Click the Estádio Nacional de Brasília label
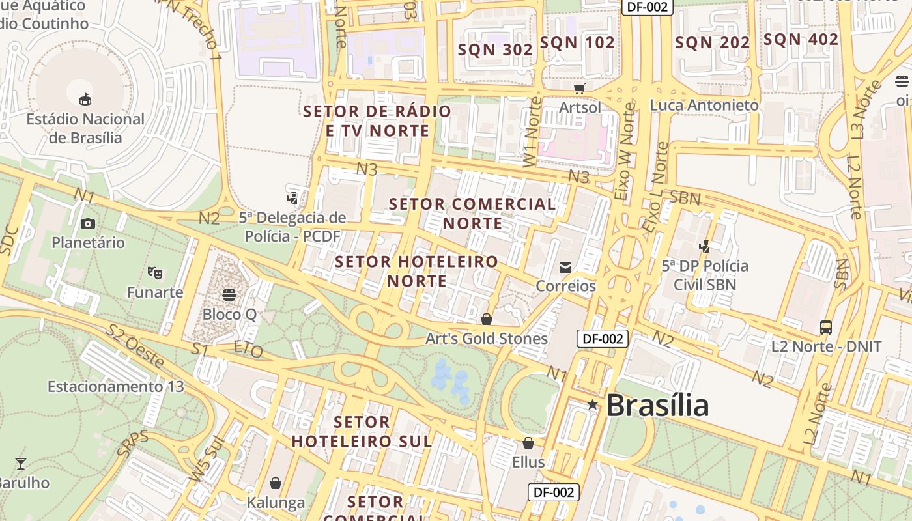point(85,128)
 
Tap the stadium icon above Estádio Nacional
point(85,99)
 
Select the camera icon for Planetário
point(88,223)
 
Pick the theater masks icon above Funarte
point(154,272)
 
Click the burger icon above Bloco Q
point(229,295)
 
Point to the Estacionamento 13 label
point(116,386)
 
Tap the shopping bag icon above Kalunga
point(276,483)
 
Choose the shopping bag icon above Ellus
point(528,443)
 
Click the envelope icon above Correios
point(565,267)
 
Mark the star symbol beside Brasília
point(592,404)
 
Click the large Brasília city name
point(657,405)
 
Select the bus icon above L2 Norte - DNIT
point(826,327)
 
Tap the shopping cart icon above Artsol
point(579,89)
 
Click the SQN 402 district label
point(801,39)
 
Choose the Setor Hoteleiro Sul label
point(362,431)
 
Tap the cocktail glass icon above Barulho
point(21,464)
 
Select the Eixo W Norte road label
point(624,151)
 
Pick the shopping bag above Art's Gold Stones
point(486,319)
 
